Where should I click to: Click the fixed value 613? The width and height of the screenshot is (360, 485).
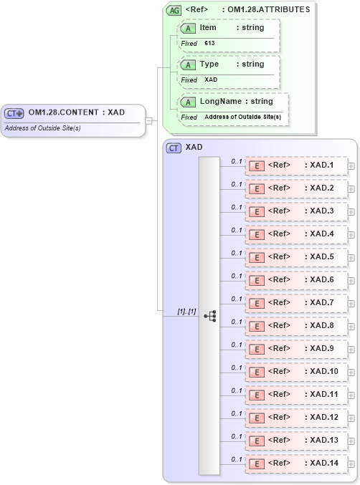pyautogui.click(x=209, y=44)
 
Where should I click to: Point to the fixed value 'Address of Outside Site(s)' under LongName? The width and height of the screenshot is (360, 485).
pyautogui.click(x=242, y=117)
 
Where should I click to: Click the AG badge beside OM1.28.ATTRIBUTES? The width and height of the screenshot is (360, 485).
pyautogui.click(x=174, y=10)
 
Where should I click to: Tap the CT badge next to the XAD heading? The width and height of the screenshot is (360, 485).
pyautogui.click(x=174, y=148)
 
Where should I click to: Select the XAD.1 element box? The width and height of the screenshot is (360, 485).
pyautogui.click(x=296, y=165)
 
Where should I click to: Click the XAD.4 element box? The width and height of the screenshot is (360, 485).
pyautogui.click(x=296, y=234)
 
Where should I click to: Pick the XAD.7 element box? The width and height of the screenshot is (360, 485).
pyautogui.click(x=296, y=303)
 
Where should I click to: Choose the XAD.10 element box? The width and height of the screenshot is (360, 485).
pyautogui.click(x=296, y=372)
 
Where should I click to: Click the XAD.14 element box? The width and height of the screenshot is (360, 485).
pyautogui.click(x=296, y=464)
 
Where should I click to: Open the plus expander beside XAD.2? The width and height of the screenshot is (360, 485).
pyautogui.click(x=351, y=189)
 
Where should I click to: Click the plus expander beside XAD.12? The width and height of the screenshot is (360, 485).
pyautogui.click(x=351, y=418)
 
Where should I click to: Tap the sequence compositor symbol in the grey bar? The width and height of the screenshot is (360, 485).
pyautogui.click(x=210, y=315)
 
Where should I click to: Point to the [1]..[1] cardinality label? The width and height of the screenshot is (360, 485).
pyautogui.click(x=186, y=312)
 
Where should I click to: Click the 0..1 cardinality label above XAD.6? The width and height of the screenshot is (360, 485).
pyautogui.click(x=237, y=276)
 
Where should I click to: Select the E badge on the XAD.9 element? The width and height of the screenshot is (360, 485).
pyautogui.click(x=256, y=349)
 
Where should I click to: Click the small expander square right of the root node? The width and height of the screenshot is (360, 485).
pyautogui.click(x=149, y=120)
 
